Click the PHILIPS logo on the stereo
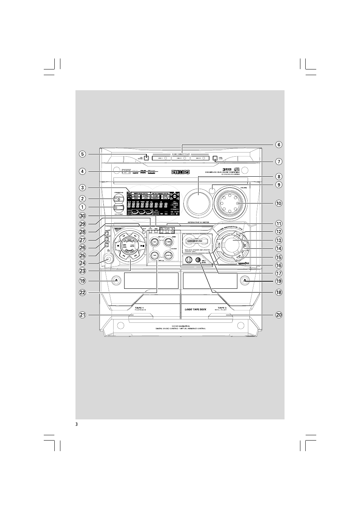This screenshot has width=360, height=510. [x=181, y=172]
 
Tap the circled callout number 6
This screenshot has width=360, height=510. [x=278, y=145]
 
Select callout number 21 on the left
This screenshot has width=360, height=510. [x=82, y=315]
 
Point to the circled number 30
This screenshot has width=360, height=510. [x=82, y=216]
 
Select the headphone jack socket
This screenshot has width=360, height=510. [x=108, y=259]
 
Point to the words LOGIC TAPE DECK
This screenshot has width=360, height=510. [x=195, y=310]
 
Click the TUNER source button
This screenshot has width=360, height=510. [x=169, y=242]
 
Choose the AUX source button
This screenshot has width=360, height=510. [x=169, y=256]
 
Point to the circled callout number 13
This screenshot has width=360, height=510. [x=278, y=240]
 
